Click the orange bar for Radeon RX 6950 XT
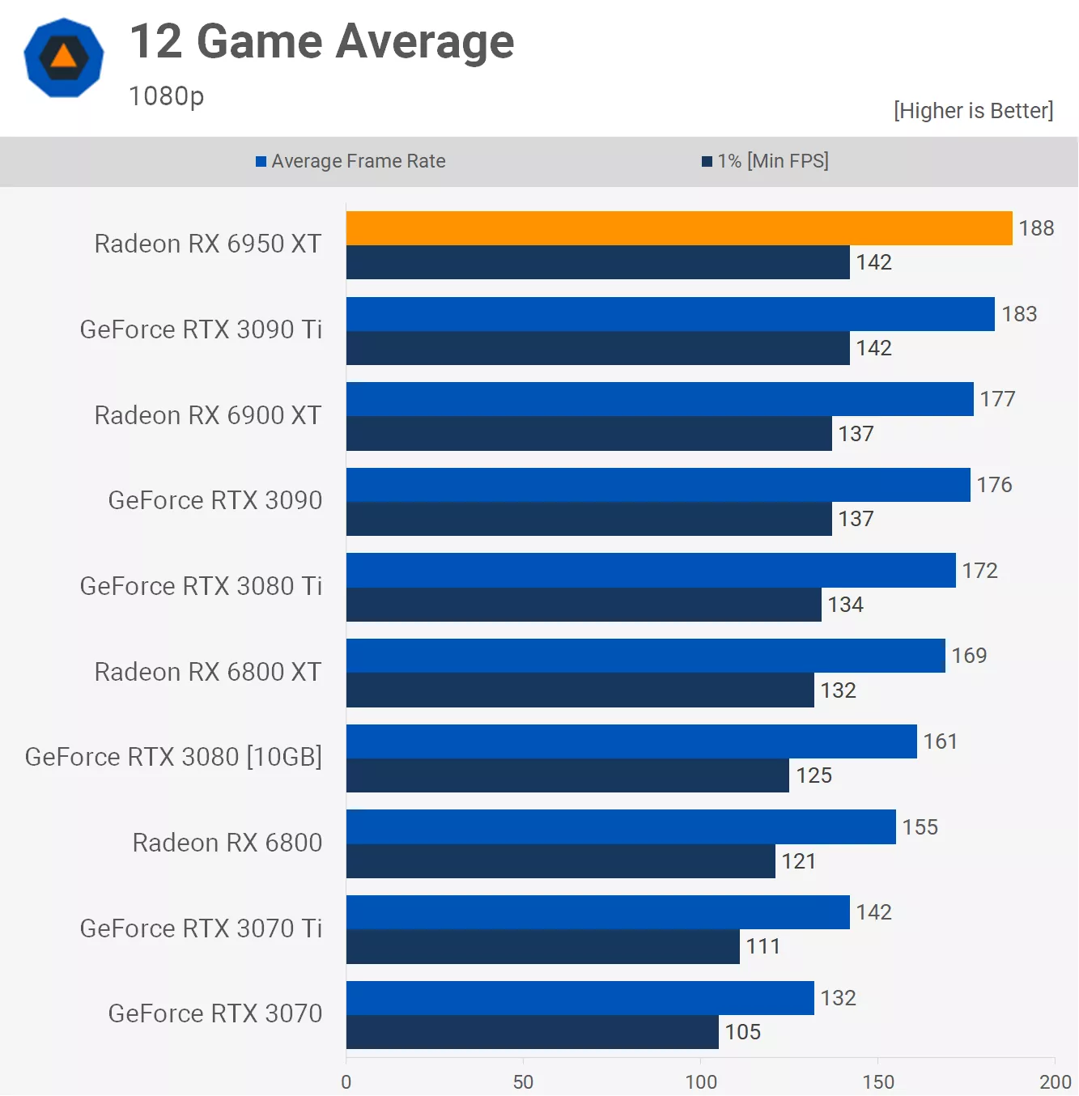click(x=678, y=228)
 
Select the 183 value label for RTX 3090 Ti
click(x=1019, y=314)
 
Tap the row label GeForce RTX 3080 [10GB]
click(x=173, y=757)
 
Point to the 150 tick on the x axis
click(x=877, y=1081)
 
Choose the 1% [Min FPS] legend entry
click(x=766, y=161)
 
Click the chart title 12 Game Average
click(x=321, y=42)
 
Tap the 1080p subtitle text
click(x=166, y=96)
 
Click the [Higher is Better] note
click(x=973, y=111)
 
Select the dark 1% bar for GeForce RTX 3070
click(x=532, y=1032)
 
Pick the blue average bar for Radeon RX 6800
click(x=620, y=826)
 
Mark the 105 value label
click(x=742, y=1032)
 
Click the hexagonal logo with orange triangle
click(x=64, y=57)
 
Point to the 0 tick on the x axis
click(x=346, y=1081)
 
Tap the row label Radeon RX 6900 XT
click(x=207, y=415)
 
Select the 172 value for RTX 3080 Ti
click(x=979, y=571)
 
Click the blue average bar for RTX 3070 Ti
click(x=597, y=912)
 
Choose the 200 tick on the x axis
click(x=1055, y=1081)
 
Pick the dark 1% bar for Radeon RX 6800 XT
click(x=580, y=690)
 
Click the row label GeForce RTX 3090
click(x=215, y=500)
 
